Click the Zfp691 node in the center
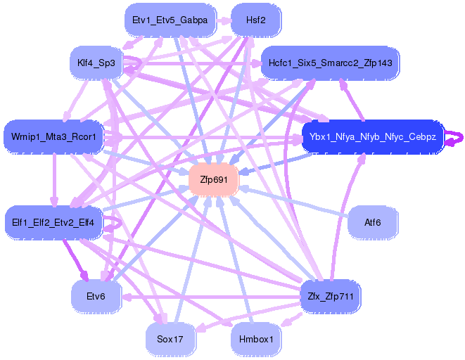click(214, 180)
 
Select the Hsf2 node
click(256, 20)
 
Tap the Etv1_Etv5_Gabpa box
click(170, 20)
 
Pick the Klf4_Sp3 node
click(96, 64)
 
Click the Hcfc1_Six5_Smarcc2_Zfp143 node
click(329, 63)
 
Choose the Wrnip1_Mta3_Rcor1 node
click(53, 135)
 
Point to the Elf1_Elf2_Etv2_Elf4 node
click(53, 223)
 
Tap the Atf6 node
click(372, 222)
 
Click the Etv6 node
click(96, 296)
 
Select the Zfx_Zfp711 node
click(330, 296)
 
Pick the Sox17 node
click(170, 339)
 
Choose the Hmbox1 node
click(256, 339)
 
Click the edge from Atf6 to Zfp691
click(295, 201)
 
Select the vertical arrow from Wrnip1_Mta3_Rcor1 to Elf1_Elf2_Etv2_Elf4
click(53, 179)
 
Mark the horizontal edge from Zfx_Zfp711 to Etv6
click(211, 296)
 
